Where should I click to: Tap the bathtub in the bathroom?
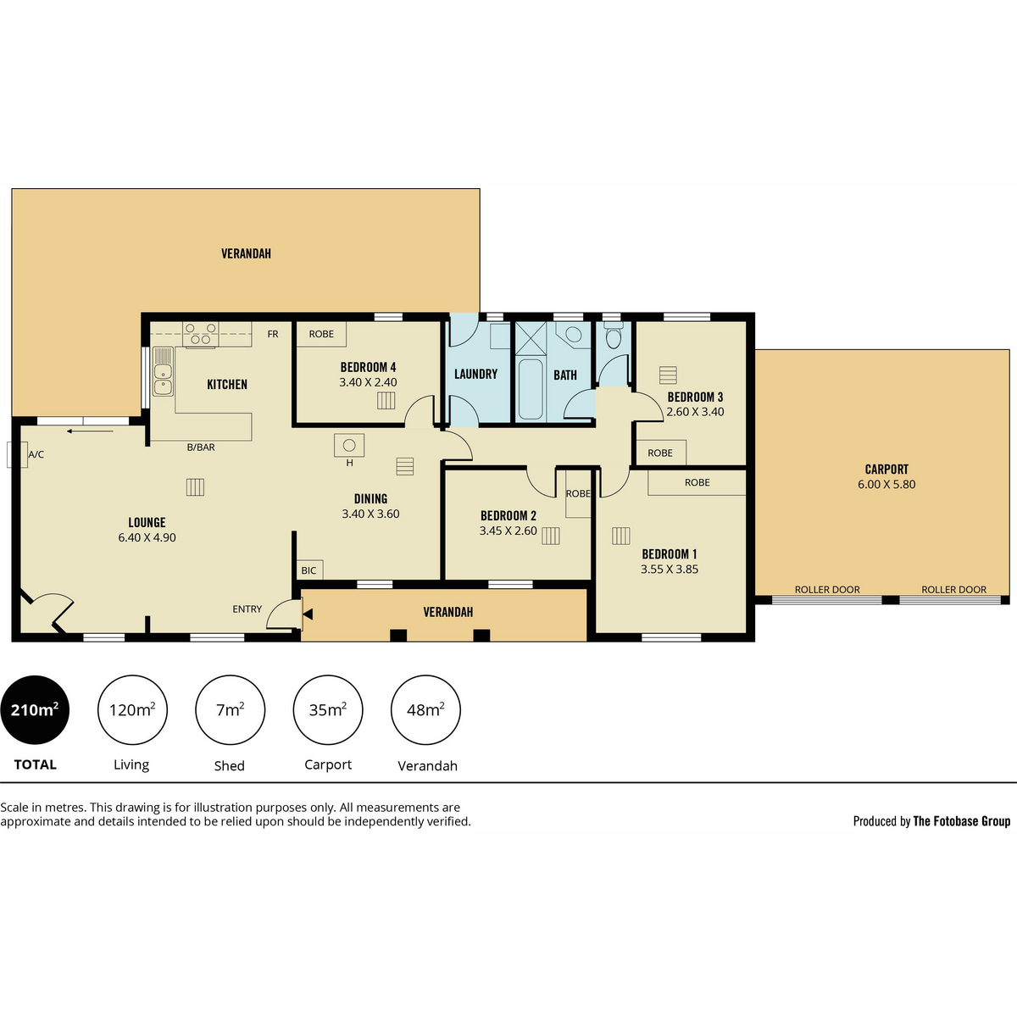(530, 389)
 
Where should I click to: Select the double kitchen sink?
(163, 371)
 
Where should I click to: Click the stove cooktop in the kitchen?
(201, 334)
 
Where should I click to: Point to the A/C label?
(36, 454)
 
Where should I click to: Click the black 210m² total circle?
(35, 710)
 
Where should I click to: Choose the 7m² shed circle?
(231, 710)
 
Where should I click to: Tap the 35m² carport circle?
(328, 710)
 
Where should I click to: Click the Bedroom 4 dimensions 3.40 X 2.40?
(368, 382)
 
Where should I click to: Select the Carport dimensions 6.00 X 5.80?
(886, 484)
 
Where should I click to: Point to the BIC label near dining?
(308, 570)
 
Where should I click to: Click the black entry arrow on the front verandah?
(308, 614)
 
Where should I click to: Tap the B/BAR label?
(201, 447)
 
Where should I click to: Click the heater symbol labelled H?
(349, 446)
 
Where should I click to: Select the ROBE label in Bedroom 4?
(321, 334)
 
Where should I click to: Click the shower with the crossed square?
(531, 338)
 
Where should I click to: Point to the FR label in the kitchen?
(273, 334)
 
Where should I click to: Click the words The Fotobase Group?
(962, 821)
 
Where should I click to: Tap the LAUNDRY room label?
(476, 375)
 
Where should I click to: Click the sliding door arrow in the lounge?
(90, 431)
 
